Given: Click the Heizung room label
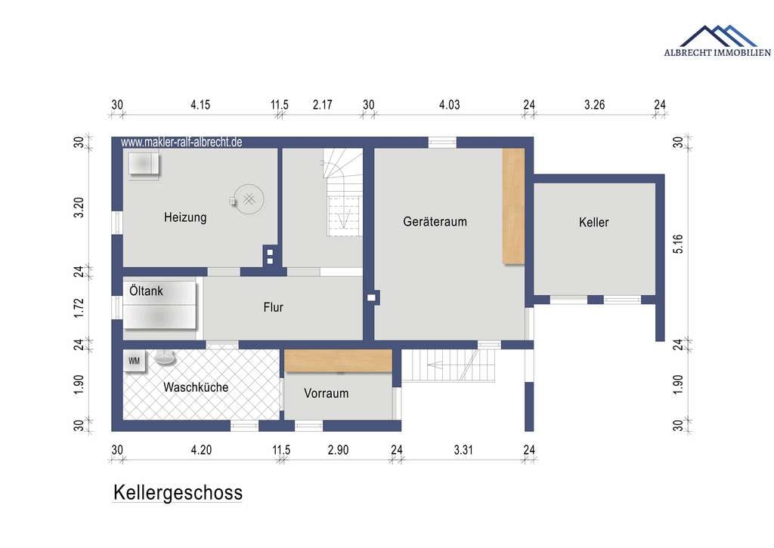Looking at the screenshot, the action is (185, 217).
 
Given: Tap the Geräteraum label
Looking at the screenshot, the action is (435, 222).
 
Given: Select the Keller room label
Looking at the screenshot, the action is (594, 222).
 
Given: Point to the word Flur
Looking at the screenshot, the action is (274, 307).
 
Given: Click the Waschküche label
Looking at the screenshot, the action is (196, 387).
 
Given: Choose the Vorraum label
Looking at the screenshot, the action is (327, 393).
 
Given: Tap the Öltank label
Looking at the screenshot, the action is (146, 291).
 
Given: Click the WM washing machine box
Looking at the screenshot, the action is (135, 362).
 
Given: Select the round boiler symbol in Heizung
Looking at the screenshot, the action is (249, 199).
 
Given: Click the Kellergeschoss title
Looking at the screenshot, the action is (178, 492).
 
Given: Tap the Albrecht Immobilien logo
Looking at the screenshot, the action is (717, 41).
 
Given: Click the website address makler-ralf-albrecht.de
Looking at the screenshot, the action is (181, 142).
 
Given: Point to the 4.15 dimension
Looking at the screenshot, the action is (200, 104).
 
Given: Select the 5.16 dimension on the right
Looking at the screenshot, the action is (678, 244).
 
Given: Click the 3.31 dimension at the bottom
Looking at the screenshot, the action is (463, 450).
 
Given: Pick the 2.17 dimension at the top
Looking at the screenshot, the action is (322, 104).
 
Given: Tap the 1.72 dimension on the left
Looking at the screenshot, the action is (79, 308).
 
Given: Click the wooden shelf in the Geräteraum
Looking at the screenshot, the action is (513, 206).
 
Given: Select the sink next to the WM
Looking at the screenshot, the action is (166, 358).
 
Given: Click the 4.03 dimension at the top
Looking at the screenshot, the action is (450, 104).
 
